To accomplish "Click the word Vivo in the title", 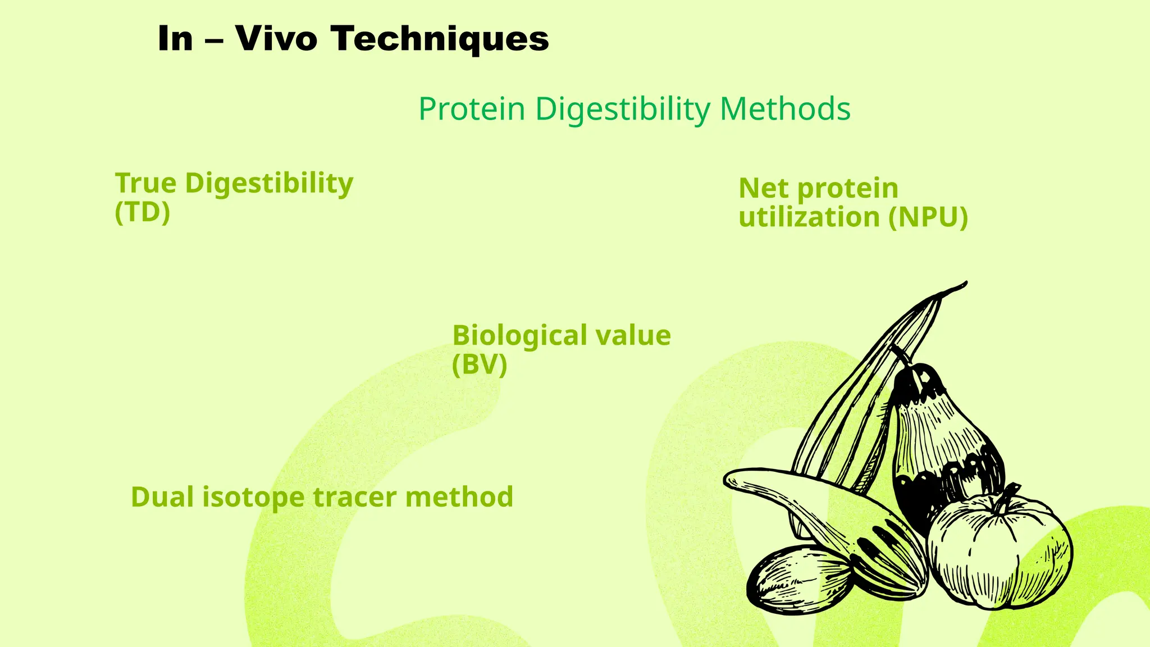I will pos(276,39).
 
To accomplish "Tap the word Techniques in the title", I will pos(439,39).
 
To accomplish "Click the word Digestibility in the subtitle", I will pos(623,110).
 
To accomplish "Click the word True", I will pos(146,183).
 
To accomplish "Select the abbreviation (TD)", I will pos(142,212).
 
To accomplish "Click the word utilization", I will pos(809,217).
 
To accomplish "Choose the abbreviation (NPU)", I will pos(928,217).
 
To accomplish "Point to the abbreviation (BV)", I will pos(480,364).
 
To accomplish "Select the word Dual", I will pos(163,497).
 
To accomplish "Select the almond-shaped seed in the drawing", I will pos(797,578).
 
